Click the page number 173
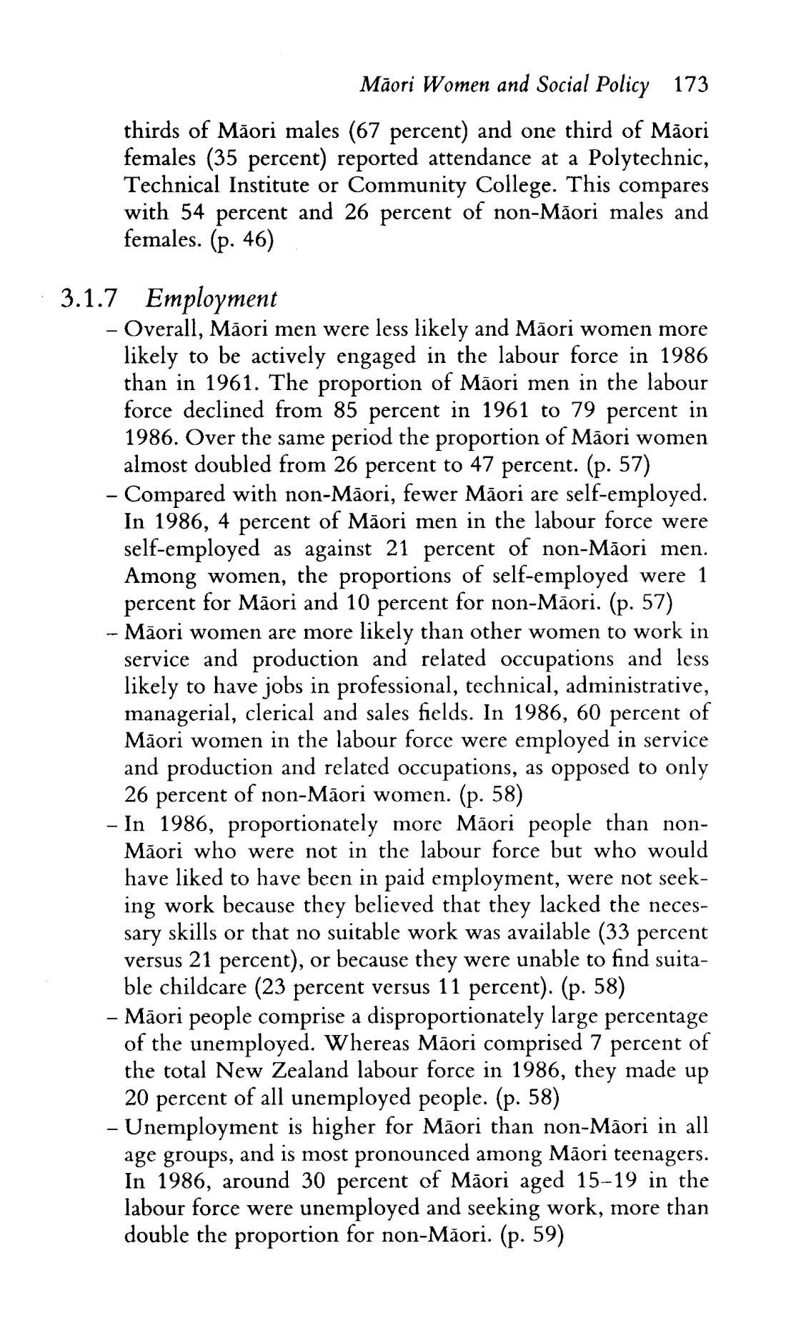(690, 86)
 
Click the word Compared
(169, 494)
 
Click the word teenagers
(657, 1154)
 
